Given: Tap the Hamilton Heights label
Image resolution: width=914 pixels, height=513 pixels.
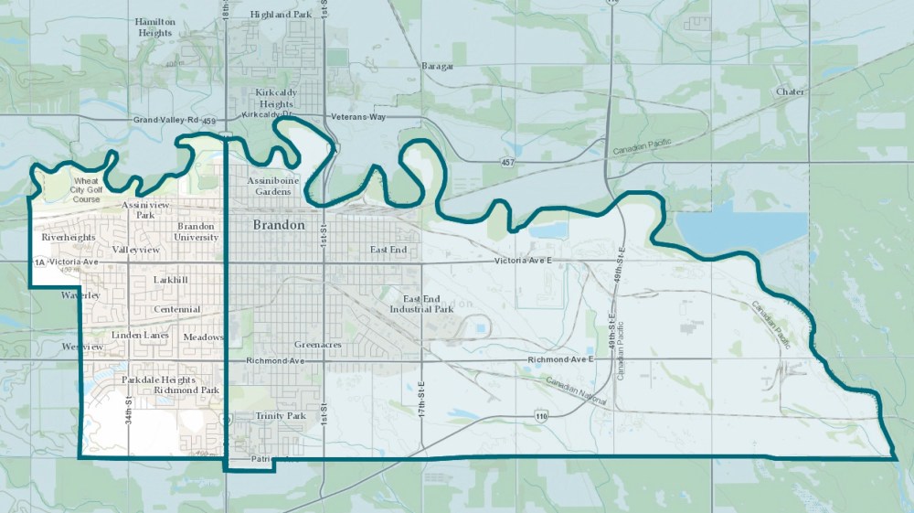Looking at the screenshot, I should point(153,27).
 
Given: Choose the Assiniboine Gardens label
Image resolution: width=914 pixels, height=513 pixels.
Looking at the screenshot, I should point(273,187).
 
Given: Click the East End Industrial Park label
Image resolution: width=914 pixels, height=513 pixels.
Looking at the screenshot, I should point(428,304).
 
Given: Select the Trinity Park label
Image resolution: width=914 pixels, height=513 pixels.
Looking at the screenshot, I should point(281,416).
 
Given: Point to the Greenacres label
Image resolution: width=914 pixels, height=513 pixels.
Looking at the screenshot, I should point(318,345).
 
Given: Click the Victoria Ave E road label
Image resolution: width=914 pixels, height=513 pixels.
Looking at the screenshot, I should point(524,261).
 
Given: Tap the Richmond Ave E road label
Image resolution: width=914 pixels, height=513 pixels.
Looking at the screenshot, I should point(560,360).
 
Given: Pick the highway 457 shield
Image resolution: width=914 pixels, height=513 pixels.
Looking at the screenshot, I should point(507,162).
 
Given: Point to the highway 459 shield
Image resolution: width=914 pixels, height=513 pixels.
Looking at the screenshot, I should point(208,121).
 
